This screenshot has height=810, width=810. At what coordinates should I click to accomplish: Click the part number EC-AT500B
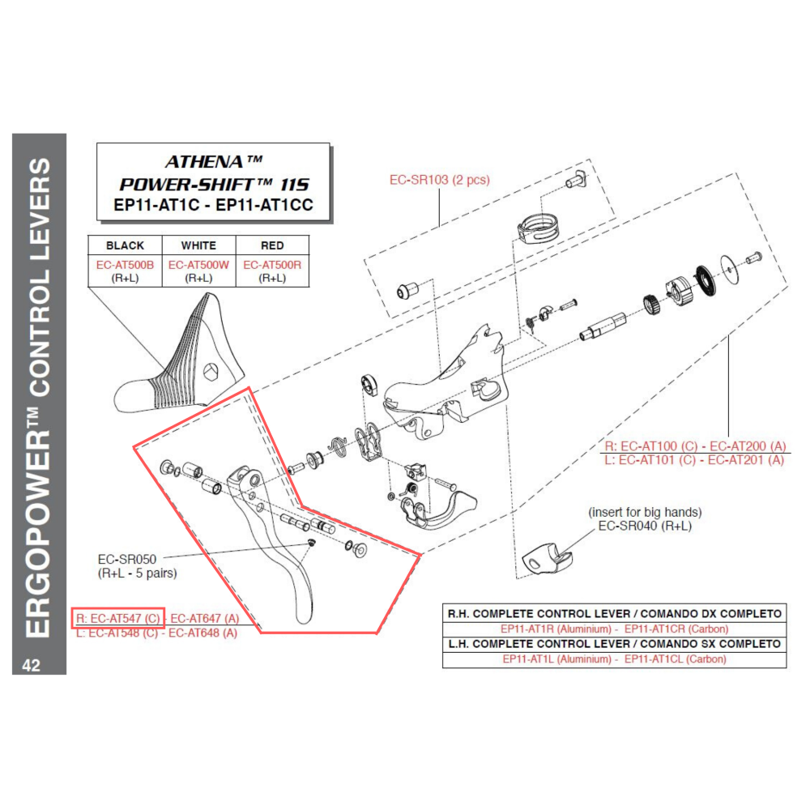[125, 265]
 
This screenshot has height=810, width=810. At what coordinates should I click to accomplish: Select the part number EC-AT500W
[198, 265]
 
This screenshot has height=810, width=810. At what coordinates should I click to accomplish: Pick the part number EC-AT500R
[272, 265]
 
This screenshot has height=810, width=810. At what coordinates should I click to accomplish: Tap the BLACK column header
[125, 245]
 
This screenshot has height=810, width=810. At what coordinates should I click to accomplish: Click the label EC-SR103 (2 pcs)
[439, 180]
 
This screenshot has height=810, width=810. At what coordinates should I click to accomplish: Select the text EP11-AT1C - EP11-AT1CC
[213, 205]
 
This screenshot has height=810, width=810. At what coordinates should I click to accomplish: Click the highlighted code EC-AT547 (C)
[119, 618]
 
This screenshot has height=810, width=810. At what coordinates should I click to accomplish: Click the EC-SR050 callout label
[127, 559]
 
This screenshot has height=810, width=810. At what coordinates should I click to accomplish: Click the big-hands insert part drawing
[548, 558]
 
